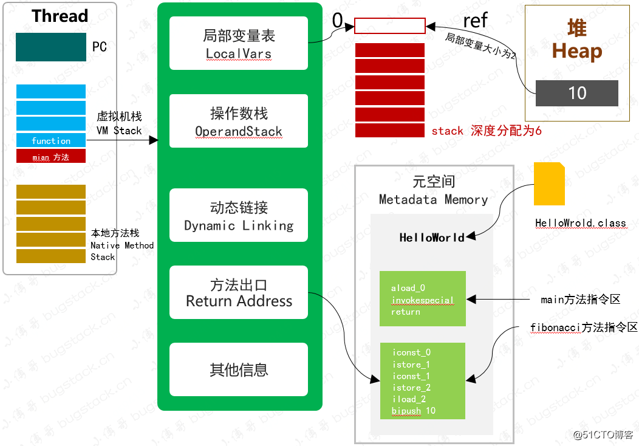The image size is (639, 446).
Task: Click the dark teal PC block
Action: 51,47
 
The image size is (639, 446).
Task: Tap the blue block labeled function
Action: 51,140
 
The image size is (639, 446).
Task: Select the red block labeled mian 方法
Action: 51,157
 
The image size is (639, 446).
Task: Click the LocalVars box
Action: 239,44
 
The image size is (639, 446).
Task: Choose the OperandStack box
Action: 239,122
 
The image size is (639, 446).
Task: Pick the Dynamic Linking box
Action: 239,216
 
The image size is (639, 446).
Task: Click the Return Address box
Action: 239,293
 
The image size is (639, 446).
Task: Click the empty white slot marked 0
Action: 390,26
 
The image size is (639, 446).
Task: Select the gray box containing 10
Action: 576,93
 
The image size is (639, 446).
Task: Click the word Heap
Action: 576,52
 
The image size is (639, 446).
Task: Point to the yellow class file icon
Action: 549,184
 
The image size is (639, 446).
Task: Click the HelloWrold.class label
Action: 580,223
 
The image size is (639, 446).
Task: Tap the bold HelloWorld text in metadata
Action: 432,238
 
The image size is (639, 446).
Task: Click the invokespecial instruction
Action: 422,300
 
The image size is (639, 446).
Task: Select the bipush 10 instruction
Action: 414,411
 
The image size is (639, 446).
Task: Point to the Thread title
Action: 60,16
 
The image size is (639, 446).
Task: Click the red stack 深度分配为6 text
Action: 486,131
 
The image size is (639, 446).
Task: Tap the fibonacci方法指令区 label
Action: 583,328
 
